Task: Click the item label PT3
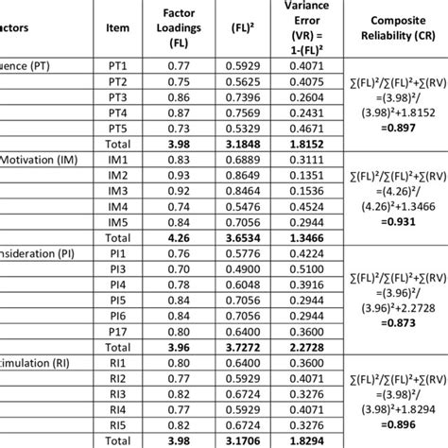[118, 97]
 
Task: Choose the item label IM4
[118, 206]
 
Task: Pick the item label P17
[118, 332]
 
